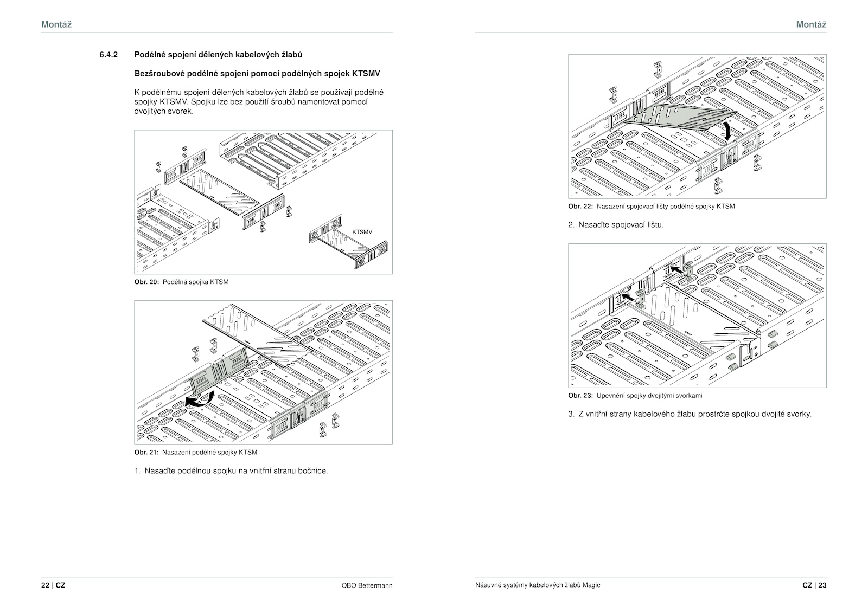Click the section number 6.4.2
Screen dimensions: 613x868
(108, 55)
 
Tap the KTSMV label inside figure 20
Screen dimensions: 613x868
(362, 232)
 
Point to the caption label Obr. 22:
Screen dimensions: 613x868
(580, 207)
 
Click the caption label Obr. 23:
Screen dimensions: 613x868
(580, 396)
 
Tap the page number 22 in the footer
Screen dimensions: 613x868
(45, 585)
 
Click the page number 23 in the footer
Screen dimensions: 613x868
(822, 585)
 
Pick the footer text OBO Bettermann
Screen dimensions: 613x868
(367, 585)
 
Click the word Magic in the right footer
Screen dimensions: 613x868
(592, 585)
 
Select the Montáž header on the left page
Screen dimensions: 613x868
(56, 24)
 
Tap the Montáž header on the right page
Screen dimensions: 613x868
(811, 24)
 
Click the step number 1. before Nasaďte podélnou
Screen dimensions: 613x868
(138, 470)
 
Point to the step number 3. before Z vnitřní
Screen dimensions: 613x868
(571, 414)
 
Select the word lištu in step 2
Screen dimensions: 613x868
(654, 224)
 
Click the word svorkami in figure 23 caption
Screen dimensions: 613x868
(689, 396)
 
